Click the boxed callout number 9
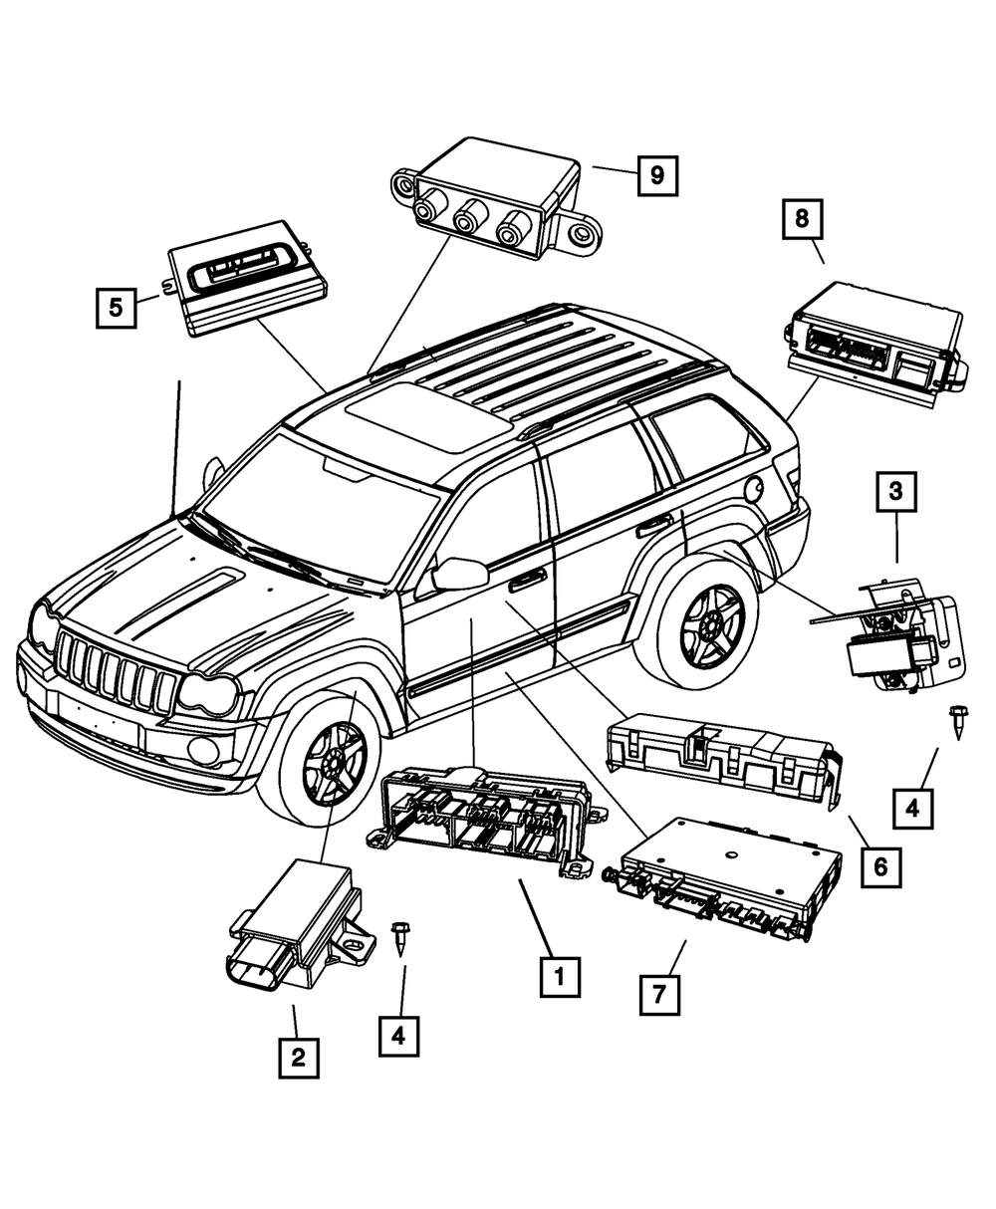(656, 176)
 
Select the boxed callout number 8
(803, 218)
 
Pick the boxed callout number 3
(896, 491)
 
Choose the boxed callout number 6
(880, 866)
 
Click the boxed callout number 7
(659, 992)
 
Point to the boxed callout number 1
(560, 977)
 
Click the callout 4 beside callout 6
(913, 806)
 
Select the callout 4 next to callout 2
(398, 1035)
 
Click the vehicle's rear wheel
(710, 621)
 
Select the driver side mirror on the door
(459, 573)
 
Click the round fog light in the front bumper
(204, 749)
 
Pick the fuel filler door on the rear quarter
(754, 488)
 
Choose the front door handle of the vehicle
(527, 580)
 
